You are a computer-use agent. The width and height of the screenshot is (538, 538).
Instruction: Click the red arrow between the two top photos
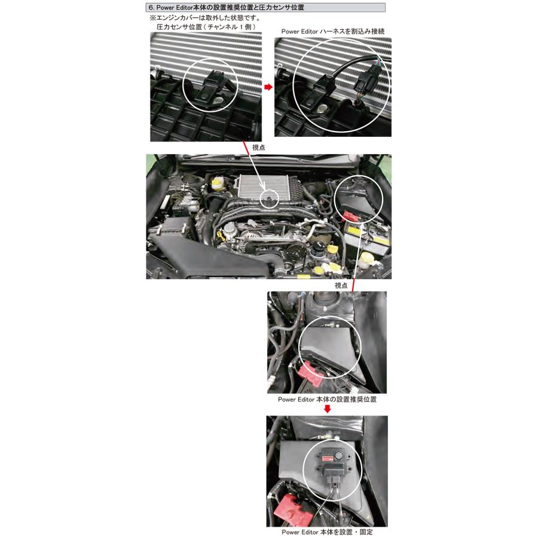pos(268,87)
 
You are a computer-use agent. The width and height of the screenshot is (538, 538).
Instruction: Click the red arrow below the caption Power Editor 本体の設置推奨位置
pos(327,409)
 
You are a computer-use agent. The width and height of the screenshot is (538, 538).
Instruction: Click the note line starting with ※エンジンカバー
pos(191,18)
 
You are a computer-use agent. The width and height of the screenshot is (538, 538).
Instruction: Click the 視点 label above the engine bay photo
pos(258,147)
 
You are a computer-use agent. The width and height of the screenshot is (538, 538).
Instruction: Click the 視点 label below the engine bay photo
pos(341,285)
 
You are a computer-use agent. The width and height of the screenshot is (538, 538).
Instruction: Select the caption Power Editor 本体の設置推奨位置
pos(327,398)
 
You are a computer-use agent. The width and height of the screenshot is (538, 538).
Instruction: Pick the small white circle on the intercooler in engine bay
pos(271,199)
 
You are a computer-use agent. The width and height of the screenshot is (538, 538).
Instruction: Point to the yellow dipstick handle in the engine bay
pos(222,236)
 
